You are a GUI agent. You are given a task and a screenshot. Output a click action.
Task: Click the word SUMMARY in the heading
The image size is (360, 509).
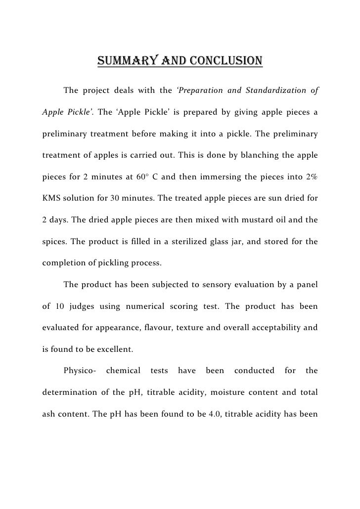coord(124,61)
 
